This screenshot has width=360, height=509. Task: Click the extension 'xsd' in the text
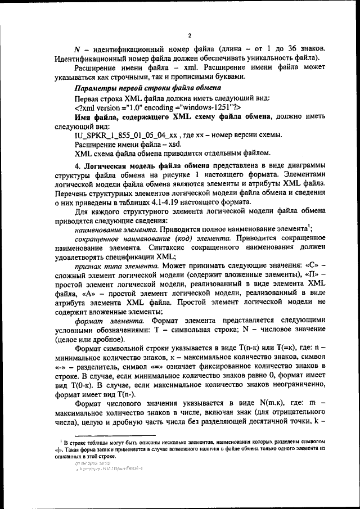[x=153, y=145]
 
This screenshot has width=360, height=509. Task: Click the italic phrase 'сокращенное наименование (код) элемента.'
[x=154, y=238]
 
